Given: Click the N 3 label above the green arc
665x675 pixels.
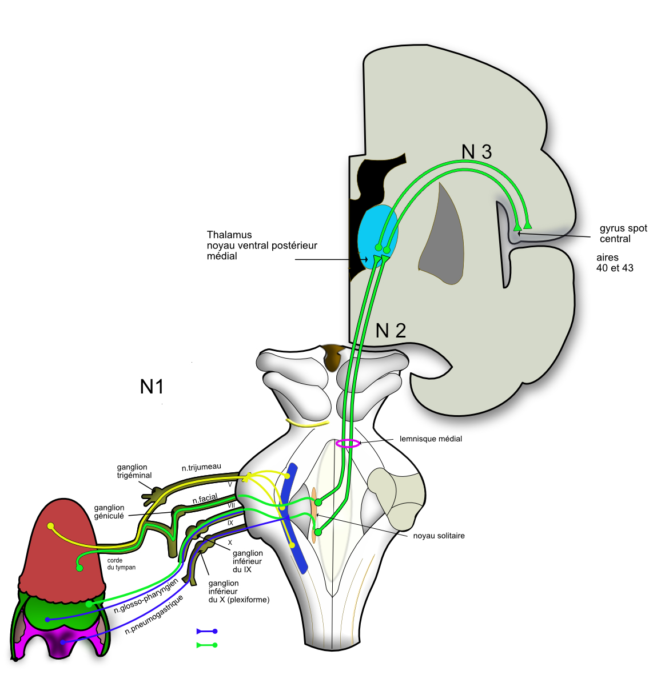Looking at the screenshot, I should tap(476, 151).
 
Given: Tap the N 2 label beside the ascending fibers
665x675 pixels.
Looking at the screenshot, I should tap(391, 330).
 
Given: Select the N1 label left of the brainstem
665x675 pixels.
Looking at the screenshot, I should tap(152, 387).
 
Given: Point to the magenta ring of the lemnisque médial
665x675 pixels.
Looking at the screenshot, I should tap(348, 443).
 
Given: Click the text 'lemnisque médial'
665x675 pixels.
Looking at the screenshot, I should tap(431, 439).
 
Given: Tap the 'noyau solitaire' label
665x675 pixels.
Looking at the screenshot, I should tap(439, 536).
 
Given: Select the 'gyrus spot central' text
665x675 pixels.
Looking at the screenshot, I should tap(623, 233).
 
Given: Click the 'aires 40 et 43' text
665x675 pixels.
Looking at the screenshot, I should tap(615, 263).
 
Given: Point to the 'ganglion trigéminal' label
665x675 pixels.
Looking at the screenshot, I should tap(134, 471).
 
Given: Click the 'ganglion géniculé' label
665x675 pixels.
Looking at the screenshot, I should tap(109, 511).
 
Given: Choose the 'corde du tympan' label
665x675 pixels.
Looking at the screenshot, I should tap(121, 564).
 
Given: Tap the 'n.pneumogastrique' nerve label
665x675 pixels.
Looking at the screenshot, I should tap(154, 615).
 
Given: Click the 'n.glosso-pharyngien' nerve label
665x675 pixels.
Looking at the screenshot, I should tap(146, 596).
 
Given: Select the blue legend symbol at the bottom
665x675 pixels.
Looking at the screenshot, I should tap(206, 631).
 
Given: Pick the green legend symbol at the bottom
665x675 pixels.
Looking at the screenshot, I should tap(206, 645).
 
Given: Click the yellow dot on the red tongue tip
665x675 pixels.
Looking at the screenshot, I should tap(51, 526).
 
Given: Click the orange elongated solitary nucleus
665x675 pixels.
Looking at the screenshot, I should tap(314, 514).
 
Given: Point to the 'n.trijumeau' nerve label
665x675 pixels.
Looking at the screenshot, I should tap(201, 467).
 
